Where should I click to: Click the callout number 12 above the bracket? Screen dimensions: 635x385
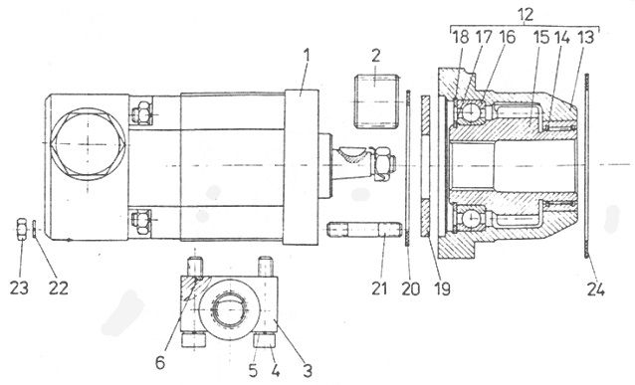pos(526,15)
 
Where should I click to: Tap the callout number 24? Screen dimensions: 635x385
pos(596,289)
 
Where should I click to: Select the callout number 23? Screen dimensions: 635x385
pos(20,289)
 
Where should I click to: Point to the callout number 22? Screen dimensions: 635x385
pos(59,289)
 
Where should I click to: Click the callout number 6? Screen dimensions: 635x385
pos(160,362)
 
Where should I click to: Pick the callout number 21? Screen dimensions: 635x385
pos(379,289)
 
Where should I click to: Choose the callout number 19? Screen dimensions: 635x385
pos(442,289)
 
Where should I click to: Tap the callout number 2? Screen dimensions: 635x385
pos(376,56)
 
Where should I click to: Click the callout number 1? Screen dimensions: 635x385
pos(307,55)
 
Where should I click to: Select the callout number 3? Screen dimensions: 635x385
pos(308,370)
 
